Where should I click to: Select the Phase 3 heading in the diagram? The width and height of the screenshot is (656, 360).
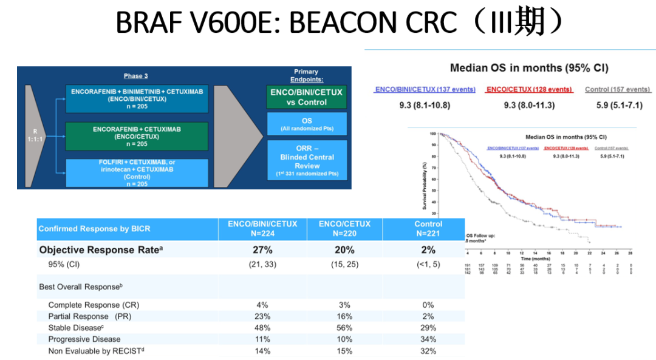[x=135, y=76]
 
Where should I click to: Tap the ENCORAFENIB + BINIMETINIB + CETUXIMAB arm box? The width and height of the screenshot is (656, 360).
[x=137, y=98]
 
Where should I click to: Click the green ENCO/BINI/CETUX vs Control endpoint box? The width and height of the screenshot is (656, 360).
[x=307, y=97]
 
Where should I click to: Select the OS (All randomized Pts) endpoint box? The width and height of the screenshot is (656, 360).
[x=307, y=124]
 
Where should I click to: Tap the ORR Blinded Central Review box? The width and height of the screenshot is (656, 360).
[x=307, y=161]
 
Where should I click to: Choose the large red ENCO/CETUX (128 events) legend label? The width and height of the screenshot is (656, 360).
[x=529, y=89]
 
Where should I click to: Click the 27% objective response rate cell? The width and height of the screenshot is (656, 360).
[x=262, y=250]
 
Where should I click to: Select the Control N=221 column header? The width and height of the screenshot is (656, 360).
[x=428, y=228]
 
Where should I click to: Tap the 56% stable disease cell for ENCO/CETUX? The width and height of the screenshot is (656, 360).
[x=344, y=328]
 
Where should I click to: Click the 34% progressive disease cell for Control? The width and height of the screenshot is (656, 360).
[x=428, y=339]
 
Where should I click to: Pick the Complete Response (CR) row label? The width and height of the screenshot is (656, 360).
[x=94, y=305]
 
